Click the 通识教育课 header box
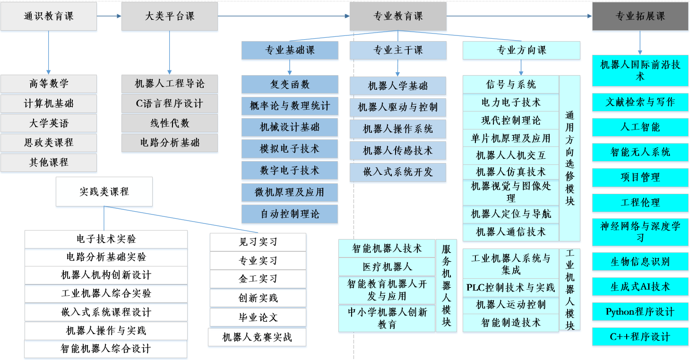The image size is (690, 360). coord(49,17)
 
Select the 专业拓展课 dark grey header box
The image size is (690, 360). coord(640,17)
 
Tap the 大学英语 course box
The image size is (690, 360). coord(49,123)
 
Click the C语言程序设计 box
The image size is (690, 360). coord(169,103)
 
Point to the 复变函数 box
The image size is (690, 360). coord(290,85)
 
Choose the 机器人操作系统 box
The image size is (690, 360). coord(397,129)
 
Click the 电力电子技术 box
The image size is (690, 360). coord(511,102)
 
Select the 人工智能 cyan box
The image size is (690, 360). coord(640,127)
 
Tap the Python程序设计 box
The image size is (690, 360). coord(640,312)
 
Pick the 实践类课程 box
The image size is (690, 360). coord(104,191)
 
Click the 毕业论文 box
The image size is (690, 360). coord(258,317)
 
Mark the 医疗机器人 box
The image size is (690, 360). coord(387,266)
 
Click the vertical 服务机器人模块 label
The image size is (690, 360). coord(446,285)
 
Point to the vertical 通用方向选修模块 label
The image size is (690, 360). coord(569,158)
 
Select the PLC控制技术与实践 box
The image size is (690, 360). coord(511,288)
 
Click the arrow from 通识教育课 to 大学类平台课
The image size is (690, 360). coord(109,16)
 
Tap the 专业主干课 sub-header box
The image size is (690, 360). coord(397,50)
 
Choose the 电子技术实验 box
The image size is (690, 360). coord(106,239)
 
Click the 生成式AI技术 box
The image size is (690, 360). coord(640,287)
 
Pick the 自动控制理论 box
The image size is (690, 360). coord(290,214)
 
